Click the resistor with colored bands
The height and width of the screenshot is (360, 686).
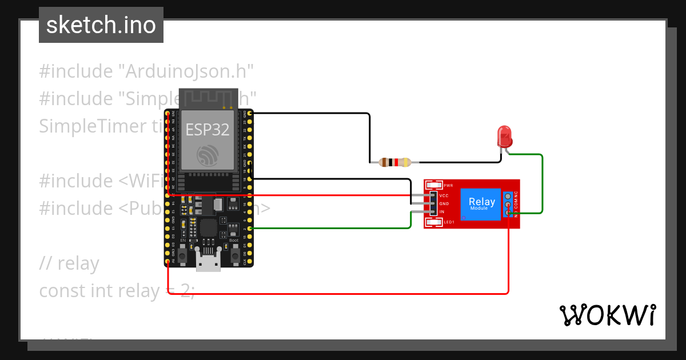[394, 162]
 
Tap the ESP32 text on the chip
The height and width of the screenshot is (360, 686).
[208, 129]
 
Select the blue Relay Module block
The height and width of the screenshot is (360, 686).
[482, 203]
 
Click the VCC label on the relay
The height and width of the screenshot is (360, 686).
[444, 196]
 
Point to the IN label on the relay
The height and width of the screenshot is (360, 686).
[442, 212]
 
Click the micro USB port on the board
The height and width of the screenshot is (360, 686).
[208, 262]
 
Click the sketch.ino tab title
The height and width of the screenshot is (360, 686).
[101, 25]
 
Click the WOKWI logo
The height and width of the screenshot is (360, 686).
[607, 315]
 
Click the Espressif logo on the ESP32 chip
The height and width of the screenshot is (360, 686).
[208, 156]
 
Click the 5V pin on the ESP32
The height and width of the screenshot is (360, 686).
[167, 262]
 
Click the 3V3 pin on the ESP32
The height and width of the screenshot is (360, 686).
[167, 114]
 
